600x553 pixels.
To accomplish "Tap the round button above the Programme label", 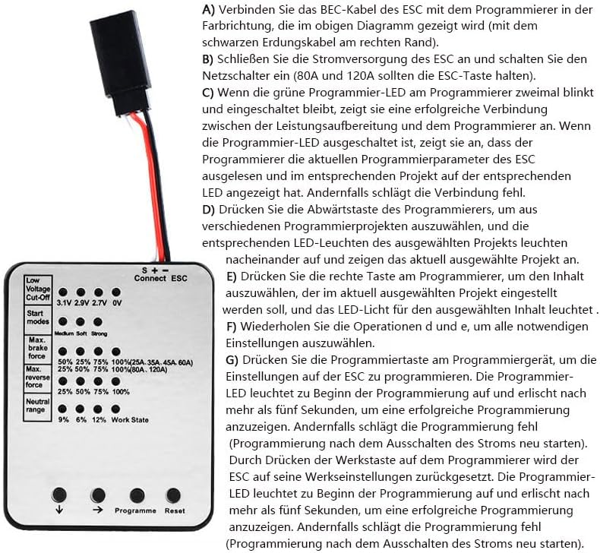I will coord(137,494).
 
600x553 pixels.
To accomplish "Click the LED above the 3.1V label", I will coord(64,292).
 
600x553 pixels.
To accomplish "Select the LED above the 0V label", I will coord(116,292).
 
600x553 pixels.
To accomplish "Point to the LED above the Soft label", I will coord(81,321).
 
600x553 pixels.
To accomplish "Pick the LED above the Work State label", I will coord(116,409).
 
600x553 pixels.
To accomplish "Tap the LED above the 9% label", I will coord(64,409).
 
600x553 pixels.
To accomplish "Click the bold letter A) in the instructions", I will coord(209,11).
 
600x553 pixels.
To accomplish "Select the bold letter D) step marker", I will coord(209,209).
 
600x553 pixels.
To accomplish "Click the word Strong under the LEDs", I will coord(99,333).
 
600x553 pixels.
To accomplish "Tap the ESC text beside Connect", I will coord(179,278).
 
